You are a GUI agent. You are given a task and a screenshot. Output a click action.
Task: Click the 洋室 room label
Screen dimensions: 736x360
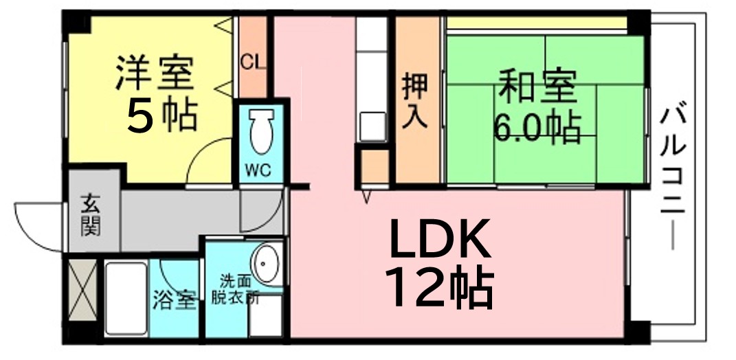click(x=155, y=73)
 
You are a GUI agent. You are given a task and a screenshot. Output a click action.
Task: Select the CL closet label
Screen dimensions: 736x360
click(x=254, y=61)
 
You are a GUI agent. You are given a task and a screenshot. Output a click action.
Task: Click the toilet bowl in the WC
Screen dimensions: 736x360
click(x=261, y=131)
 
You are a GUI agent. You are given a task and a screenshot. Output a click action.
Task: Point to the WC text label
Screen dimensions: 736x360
click(x=258, y=170)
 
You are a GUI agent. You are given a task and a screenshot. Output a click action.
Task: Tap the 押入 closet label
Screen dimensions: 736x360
click(x=415, y=100)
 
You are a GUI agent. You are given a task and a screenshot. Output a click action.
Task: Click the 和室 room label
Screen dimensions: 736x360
click(x=537, y=86)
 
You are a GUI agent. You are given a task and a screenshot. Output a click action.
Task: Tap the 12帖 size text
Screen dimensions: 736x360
click(x=439, y=286)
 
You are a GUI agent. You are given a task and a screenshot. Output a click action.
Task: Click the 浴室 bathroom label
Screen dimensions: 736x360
click(x=174, y=301)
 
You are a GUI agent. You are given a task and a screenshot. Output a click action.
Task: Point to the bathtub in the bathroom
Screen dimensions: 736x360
click(x=126, y=298)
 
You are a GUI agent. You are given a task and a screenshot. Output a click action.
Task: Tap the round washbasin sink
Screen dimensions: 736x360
click(x=267, y=265)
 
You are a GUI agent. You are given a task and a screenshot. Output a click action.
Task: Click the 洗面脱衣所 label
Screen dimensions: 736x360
click(x=235, y=292)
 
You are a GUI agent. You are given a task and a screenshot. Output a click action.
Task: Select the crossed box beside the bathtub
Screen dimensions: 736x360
click(x=82, y=290)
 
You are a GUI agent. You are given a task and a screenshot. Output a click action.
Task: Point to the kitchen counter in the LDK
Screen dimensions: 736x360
click(x=371, y=79)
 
